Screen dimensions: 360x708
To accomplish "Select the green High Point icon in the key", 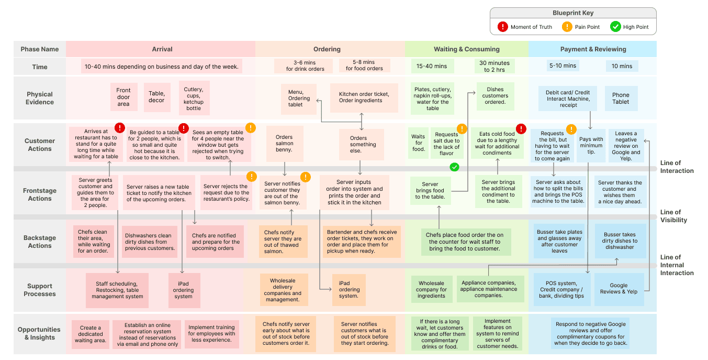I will point(615,27).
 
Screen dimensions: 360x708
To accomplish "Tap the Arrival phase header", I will point(162,49).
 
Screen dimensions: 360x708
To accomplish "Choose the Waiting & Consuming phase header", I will point(466,49).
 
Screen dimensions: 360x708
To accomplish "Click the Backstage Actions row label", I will point(40,242).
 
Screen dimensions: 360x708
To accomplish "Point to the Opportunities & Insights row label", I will point(39,333).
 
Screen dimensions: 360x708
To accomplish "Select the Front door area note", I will point(123,97).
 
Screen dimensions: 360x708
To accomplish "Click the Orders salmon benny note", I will point(284,144).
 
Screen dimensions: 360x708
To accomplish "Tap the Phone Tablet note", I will point(621,99).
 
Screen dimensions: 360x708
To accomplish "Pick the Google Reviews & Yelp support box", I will point(619,289).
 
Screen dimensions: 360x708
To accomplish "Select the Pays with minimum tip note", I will point(591,146).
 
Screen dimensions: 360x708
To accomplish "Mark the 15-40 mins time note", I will point(431,66).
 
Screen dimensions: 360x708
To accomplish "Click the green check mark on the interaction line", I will point(455,167).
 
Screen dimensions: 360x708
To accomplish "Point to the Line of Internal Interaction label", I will point(677,265).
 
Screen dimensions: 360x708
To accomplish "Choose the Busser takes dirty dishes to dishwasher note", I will point(620,241).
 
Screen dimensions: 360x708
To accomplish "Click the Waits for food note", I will point(418,143).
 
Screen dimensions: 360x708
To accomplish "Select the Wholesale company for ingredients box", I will point(432,289).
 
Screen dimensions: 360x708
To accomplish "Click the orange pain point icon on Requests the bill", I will point(571,129).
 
